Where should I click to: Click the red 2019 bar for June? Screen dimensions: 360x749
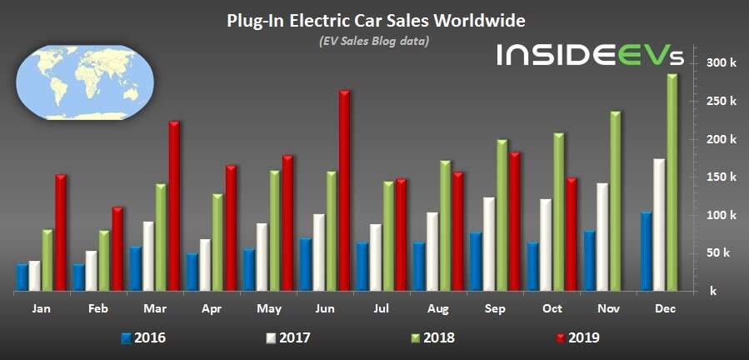click(344, 191)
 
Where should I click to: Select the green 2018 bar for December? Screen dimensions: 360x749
click(672, 182)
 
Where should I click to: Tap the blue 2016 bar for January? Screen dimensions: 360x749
click(22, 277)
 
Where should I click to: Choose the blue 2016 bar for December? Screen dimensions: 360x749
click(646, 252)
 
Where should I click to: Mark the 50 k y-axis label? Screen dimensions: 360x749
click(721, 253)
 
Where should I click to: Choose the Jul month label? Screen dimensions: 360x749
click(382, 308)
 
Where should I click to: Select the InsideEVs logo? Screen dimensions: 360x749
click(590, 55)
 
